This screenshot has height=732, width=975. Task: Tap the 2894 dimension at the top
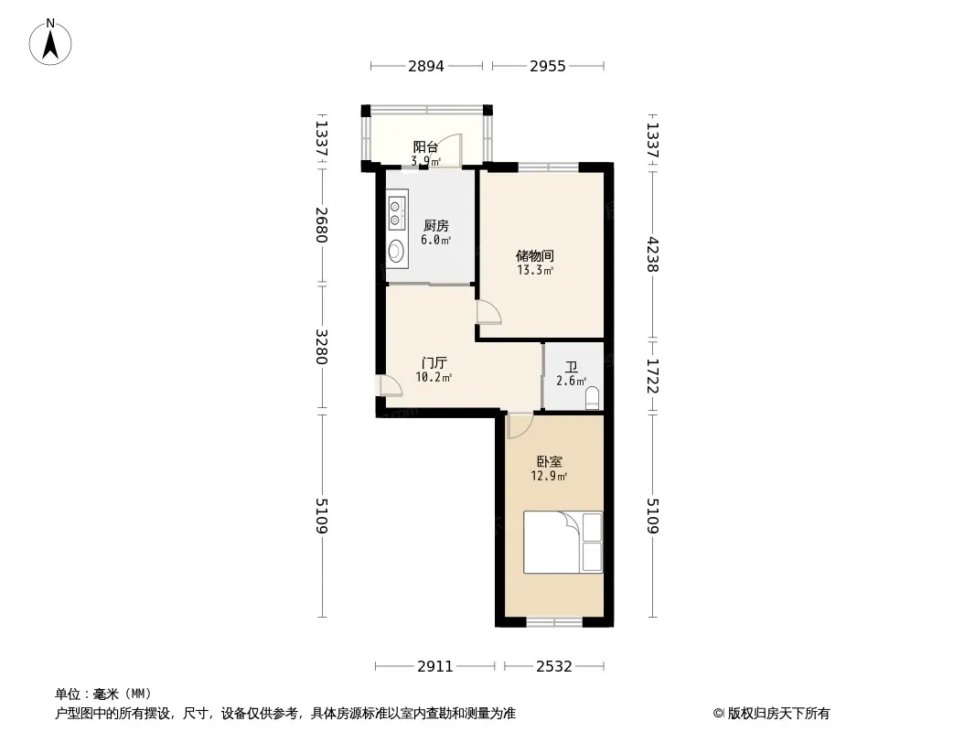pos(426,66)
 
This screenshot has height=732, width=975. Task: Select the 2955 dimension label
pos(548,66)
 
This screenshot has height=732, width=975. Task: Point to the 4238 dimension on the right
pos(651,254)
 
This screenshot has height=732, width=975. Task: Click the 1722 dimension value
pos(651,376)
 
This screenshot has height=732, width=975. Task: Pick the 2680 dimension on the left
pos(321,224)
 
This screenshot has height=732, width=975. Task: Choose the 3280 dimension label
pos(321,347)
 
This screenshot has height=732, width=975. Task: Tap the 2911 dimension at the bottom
pos(435,667)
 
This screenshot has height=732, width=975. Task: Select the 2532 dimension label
pos(554,667)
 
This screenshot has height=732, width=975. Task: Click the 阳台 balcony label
pos(426,147)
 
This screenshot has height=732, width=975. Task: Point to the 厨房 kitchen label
pos(436,226)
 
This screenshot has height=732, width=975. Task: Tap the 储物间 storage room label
pos(535,255)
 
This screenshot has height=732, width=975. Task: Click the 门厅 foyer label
pos(434,363)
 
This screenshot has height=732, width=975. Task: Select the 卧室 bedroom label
pos(550,462)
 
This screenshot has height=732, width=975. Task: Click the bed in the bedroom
pos(562,543)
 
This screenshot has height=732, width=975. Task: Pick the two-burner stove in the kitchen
pos(395,212)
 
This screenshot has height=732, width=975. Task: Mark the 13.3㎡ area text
pos(535,271)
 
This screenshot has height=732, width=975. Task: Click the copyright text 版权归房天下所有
pos(778,714)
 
